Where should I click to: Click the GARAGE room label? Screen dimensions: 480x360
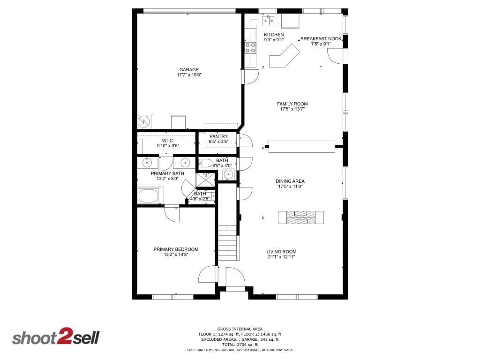tap(189, 69)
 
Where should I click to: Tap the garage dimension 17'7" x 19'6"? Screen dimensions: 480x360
tap(189, 75)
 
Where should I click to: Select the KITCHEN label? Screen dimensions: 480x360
tap(274, 35)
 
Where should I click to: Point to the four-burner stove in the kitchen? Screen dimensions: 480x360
tap(250, 48)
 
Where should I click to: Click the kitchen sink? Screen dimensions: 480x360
tap(269, 20)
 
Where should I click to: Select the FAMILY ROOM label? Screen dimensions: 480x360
tap(292, 104)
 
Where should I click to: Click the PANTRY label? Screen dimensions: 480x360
tap(218, 136)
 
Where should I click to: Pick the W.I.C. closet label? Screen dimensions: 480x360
tap(168, 141)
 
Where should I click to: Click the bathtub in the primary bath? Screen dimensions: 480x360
tap(149, 195)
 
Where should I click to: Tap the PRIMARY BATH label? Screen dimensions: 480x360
tap(167, 173)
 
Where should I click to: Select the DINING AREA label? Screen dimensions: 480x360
tap(290, 181)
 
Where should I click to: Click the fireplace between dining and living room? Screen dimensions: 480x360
tap(301, 217)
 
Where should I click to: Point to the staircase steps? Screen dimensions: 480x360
tap(227, 242)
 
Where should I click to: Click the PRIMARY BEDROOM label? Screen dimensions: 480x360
tap(176, 249)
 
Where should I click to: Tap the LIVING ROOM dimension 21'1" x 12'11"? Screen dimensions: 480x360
tap(281, 257)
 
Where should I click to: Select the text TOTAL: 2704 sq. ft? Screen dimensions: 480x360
tap(240, 345)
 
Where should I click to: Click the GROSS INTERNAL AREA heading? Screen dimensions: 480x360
tap(240, 329)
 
